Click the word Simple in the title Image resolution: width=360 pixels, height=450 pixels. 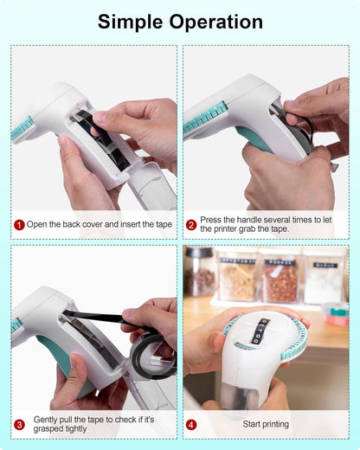[130, 22]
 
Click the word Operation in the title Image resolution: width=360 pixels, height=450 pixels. [215, 22]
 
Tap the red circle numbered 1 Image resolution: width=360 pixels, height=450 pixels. [19, 225]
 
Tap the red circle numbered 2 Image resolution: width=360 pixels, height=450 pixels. [191, 225]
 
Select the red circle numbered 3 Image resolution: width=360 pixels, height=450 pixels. [19, 425]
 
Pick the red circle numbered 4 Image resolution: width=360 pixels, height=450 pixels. [191, 425]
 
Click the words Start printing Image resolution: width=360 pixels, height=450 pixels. [266, 424]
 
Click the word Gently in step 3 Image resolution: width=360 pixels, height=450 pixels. [45, 420]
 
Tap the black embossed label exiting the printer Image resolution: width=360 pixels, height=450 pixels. [257, 331]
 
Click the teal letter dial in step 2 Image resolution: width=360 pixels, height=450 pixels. [206, 119]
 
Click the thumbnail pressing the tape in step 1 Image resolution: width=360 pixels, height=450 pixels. [100, 116]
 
